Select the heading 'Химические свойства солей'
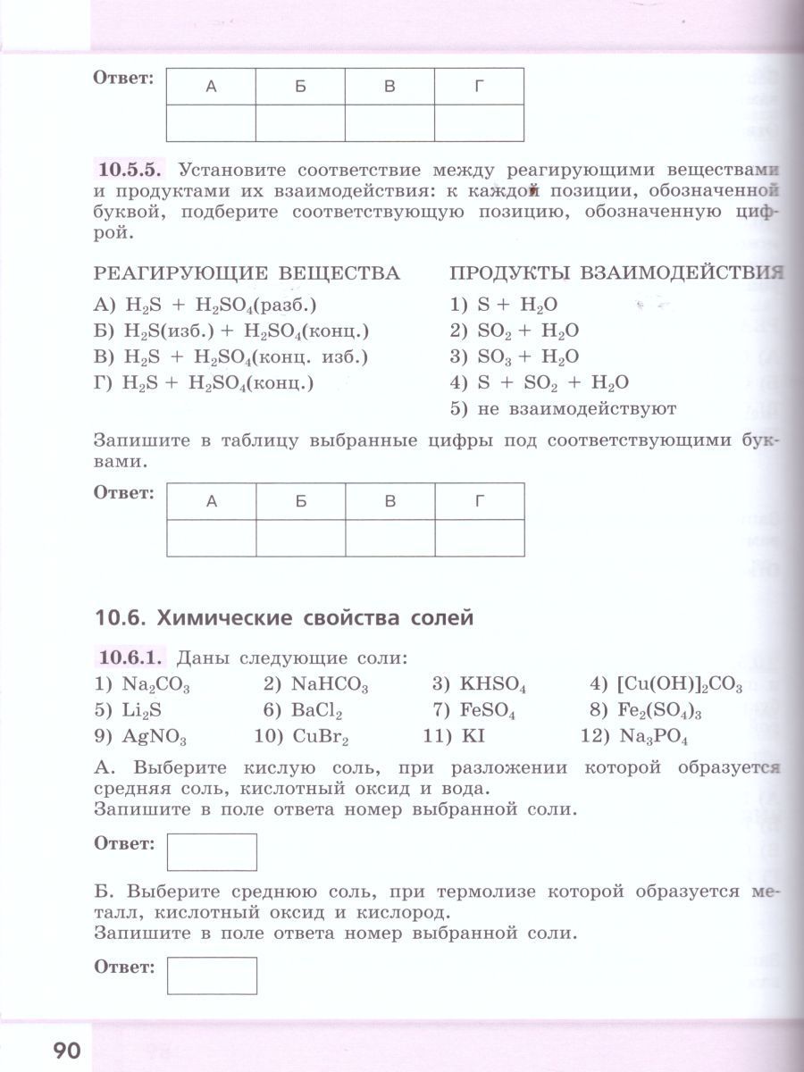click(x=284, y=617)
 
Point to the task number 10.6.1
click(x=130, y=658)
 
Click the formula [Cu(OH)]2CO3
click(x=679, y=685)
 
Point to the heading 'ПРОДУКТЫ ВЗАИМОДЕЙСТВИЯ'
click(x=616, y=272)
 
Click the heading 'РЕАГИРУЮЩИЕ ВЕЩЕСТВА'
click(x=247, y=272)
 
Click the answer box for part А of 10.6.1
click(x=212, y=851)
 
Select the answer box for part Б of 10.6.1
click(x=212, y=976)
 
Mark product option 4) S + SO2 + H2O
click(x=540, y=383)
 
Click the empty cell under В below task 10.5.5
click(x=389, y=538)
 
